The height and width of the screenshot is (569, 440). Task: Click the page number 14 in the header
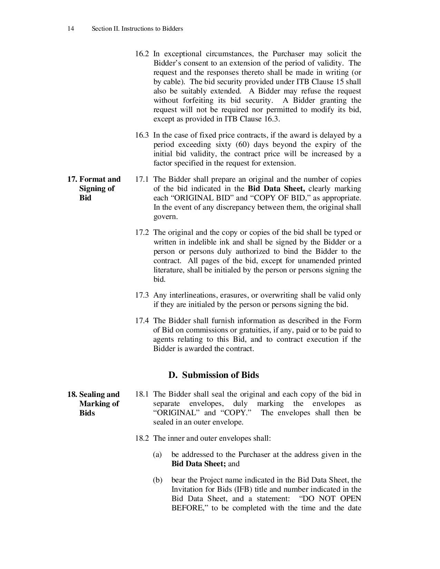pos(70,29)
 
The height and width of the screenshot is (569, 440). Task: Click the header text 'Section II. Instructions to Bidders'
pos(137,29)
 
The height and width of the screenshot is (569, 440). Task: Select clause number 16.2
pos(141,54)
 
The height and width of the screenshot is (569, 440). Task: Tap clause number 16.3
pos(141,135)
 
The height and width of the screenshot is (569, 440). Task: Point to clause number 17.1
pos(141,179)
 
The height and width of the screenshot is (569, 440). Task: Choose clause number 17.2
pos(141,232)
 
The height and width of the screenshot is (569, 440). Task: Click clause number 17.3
pos(141,295)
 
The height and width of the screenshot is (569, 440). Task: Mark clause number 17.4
pos(141,321)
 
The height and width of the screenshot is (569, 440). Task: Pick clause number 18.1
pos(141,394)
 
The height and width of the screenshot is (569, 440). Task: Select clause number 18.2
pos(141,438)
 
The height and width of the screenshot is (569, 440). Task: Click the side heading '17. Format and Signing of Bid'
pos(94,188)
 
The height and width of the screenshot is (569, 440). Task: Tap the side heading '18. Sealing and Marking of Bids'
pos(94,403)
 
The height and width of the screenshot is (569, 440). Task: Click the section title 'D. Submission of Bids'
pos(213,375)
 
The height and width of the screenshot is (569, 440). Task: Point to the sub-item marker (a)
pos(157,455)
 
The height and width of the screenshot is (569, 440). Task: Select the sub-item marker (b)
pos(157,480)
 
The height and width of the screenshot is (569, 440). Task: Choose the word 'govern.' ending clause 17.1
pos(165,217)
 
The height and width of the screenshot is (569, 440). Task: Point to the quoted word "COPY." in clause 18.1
pos(236,413)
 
